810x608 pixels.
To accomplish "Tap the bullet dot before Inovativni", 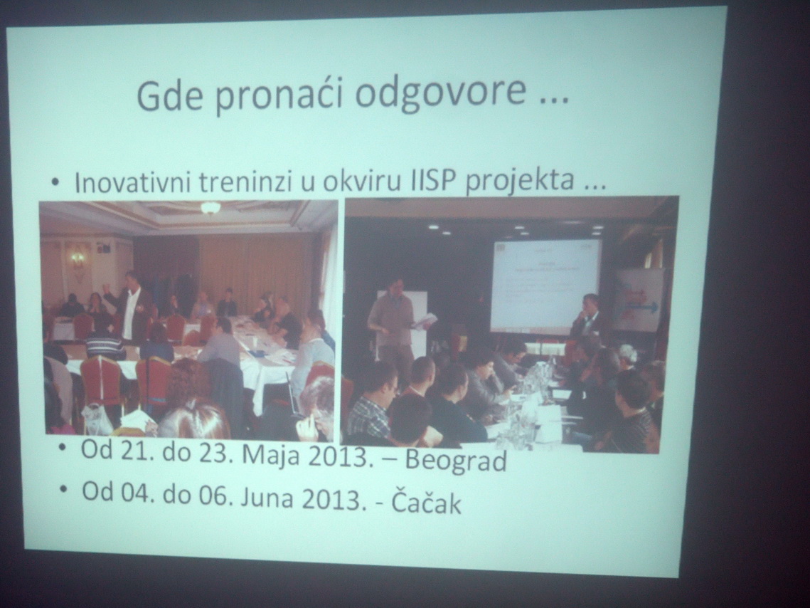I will pos(55,182).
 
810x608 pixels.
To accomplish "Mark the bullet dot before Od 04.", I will pos(65,490).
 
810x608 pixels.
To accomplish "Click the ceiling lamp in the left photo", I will pos(210,207).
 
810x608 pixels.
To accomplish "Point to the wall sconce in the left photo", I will pos(78,260).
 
